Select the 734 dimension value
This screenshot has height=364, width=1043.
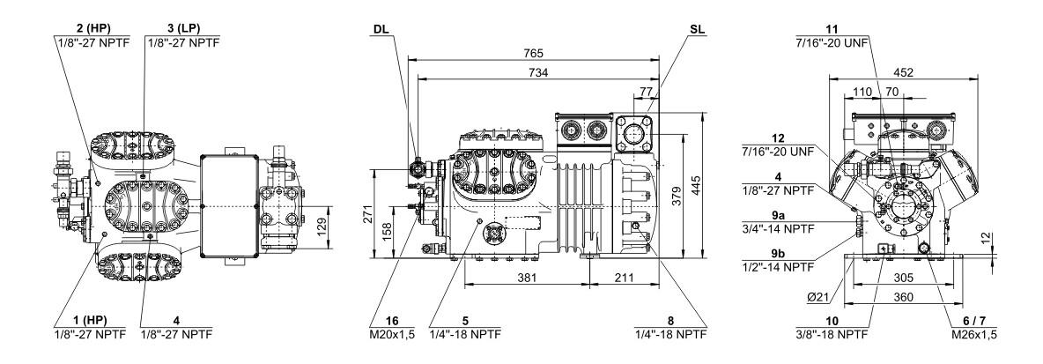(539, 72)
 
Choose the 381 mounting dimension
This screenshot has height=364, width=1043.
(527, 279)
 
